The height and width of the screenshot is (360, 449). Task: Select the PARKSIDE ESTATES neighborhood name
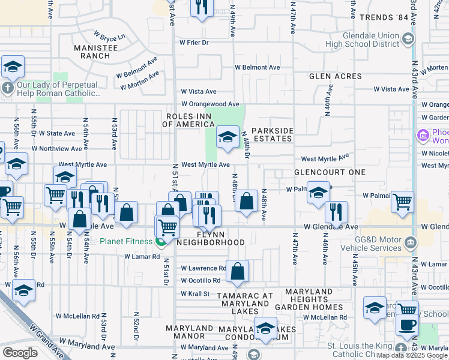coord(272,134)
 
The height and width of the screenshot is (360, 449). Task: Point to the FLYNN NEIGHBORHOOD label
coord(210,238)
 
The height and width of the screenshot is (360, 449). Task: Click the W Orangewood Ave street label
coord(210,104)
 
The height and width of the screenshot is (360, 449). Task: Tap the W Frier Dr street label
coord(193,43)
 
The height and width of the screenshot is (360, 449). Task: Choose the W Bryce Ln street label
coord(109,36)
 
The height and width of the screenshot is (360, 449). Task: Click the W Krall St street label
coord(194,293)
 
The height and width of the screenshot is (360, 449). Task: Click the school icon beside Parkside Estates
coord(228,137)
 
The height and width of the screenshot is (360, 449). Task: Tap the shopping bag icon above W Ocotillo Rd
coord(238,271)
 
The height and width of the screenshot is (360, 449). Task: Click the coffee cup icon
coord(407,325)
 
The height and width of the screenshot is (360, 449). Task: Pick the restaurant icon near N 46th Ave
coord(336,212)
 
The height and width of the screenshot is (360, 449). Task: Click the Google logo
coord(20,353)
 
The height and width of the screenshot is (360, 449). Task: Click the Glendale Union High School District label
coord(362,39)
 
